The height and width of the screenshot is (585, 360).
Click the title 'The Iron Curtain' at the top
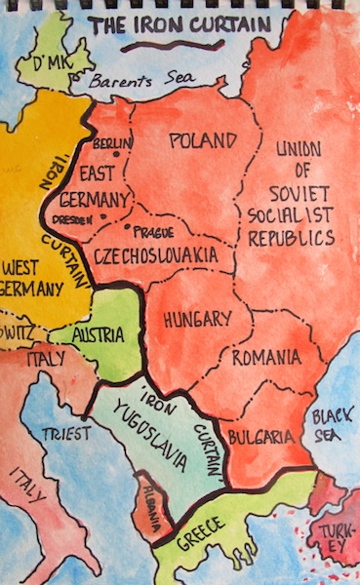pyautogui.click(x=180, y=23)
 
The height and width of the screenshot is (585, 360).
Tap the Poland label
pyautogui.click(x=203, y=140)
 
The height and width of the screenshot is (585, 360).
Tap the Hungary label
pyautogui.click(x=197, y=319)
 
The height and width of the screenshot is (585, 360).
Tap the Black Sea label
pyautogui.click(x=332, y=427)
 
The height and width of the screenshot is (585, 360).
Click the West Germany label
pyautogui.click(x=32, y=278)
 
